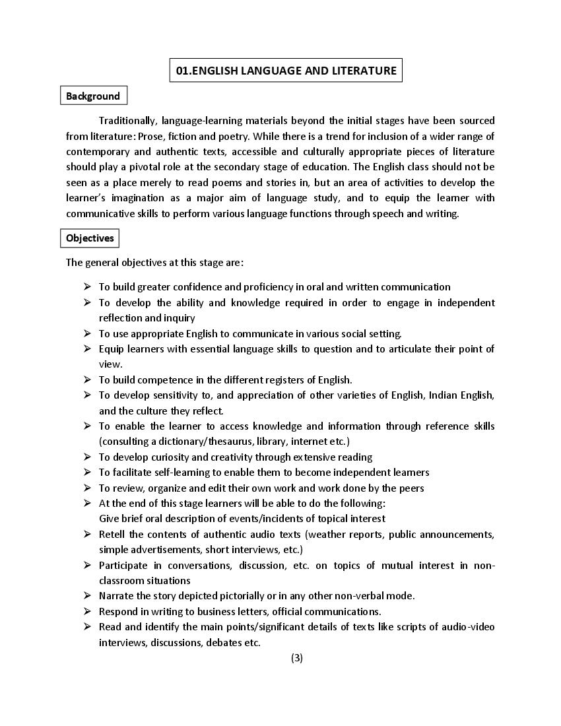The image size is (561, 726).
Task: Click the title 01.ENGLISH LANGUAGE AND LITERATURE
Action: [x=286, y=70]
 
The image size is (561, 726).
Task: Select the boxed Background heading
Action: [x=93, y=96]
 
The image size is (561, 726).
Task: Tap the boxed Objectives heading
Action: [x=90, y=238]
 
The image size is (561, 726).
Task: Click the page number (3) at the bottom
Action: [x=296, y=657]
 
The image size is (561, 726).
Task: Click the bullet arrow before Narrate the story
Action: [x=87, y=595]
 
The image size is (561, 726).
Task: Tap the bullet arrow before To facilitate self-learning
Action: [x=87, y=472]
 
